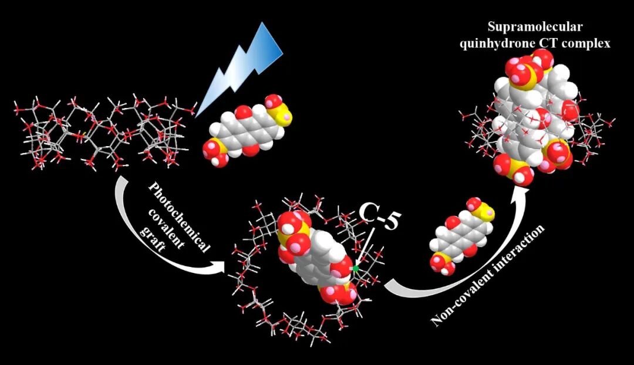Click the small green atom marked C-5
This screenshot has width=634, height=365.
click(x=355, y=268)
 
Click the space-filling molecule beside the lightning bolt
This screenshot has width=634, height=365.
click(x=247, y=129)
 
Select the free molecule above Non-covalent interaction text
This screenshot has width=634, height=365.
click(x=461, y=235)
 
